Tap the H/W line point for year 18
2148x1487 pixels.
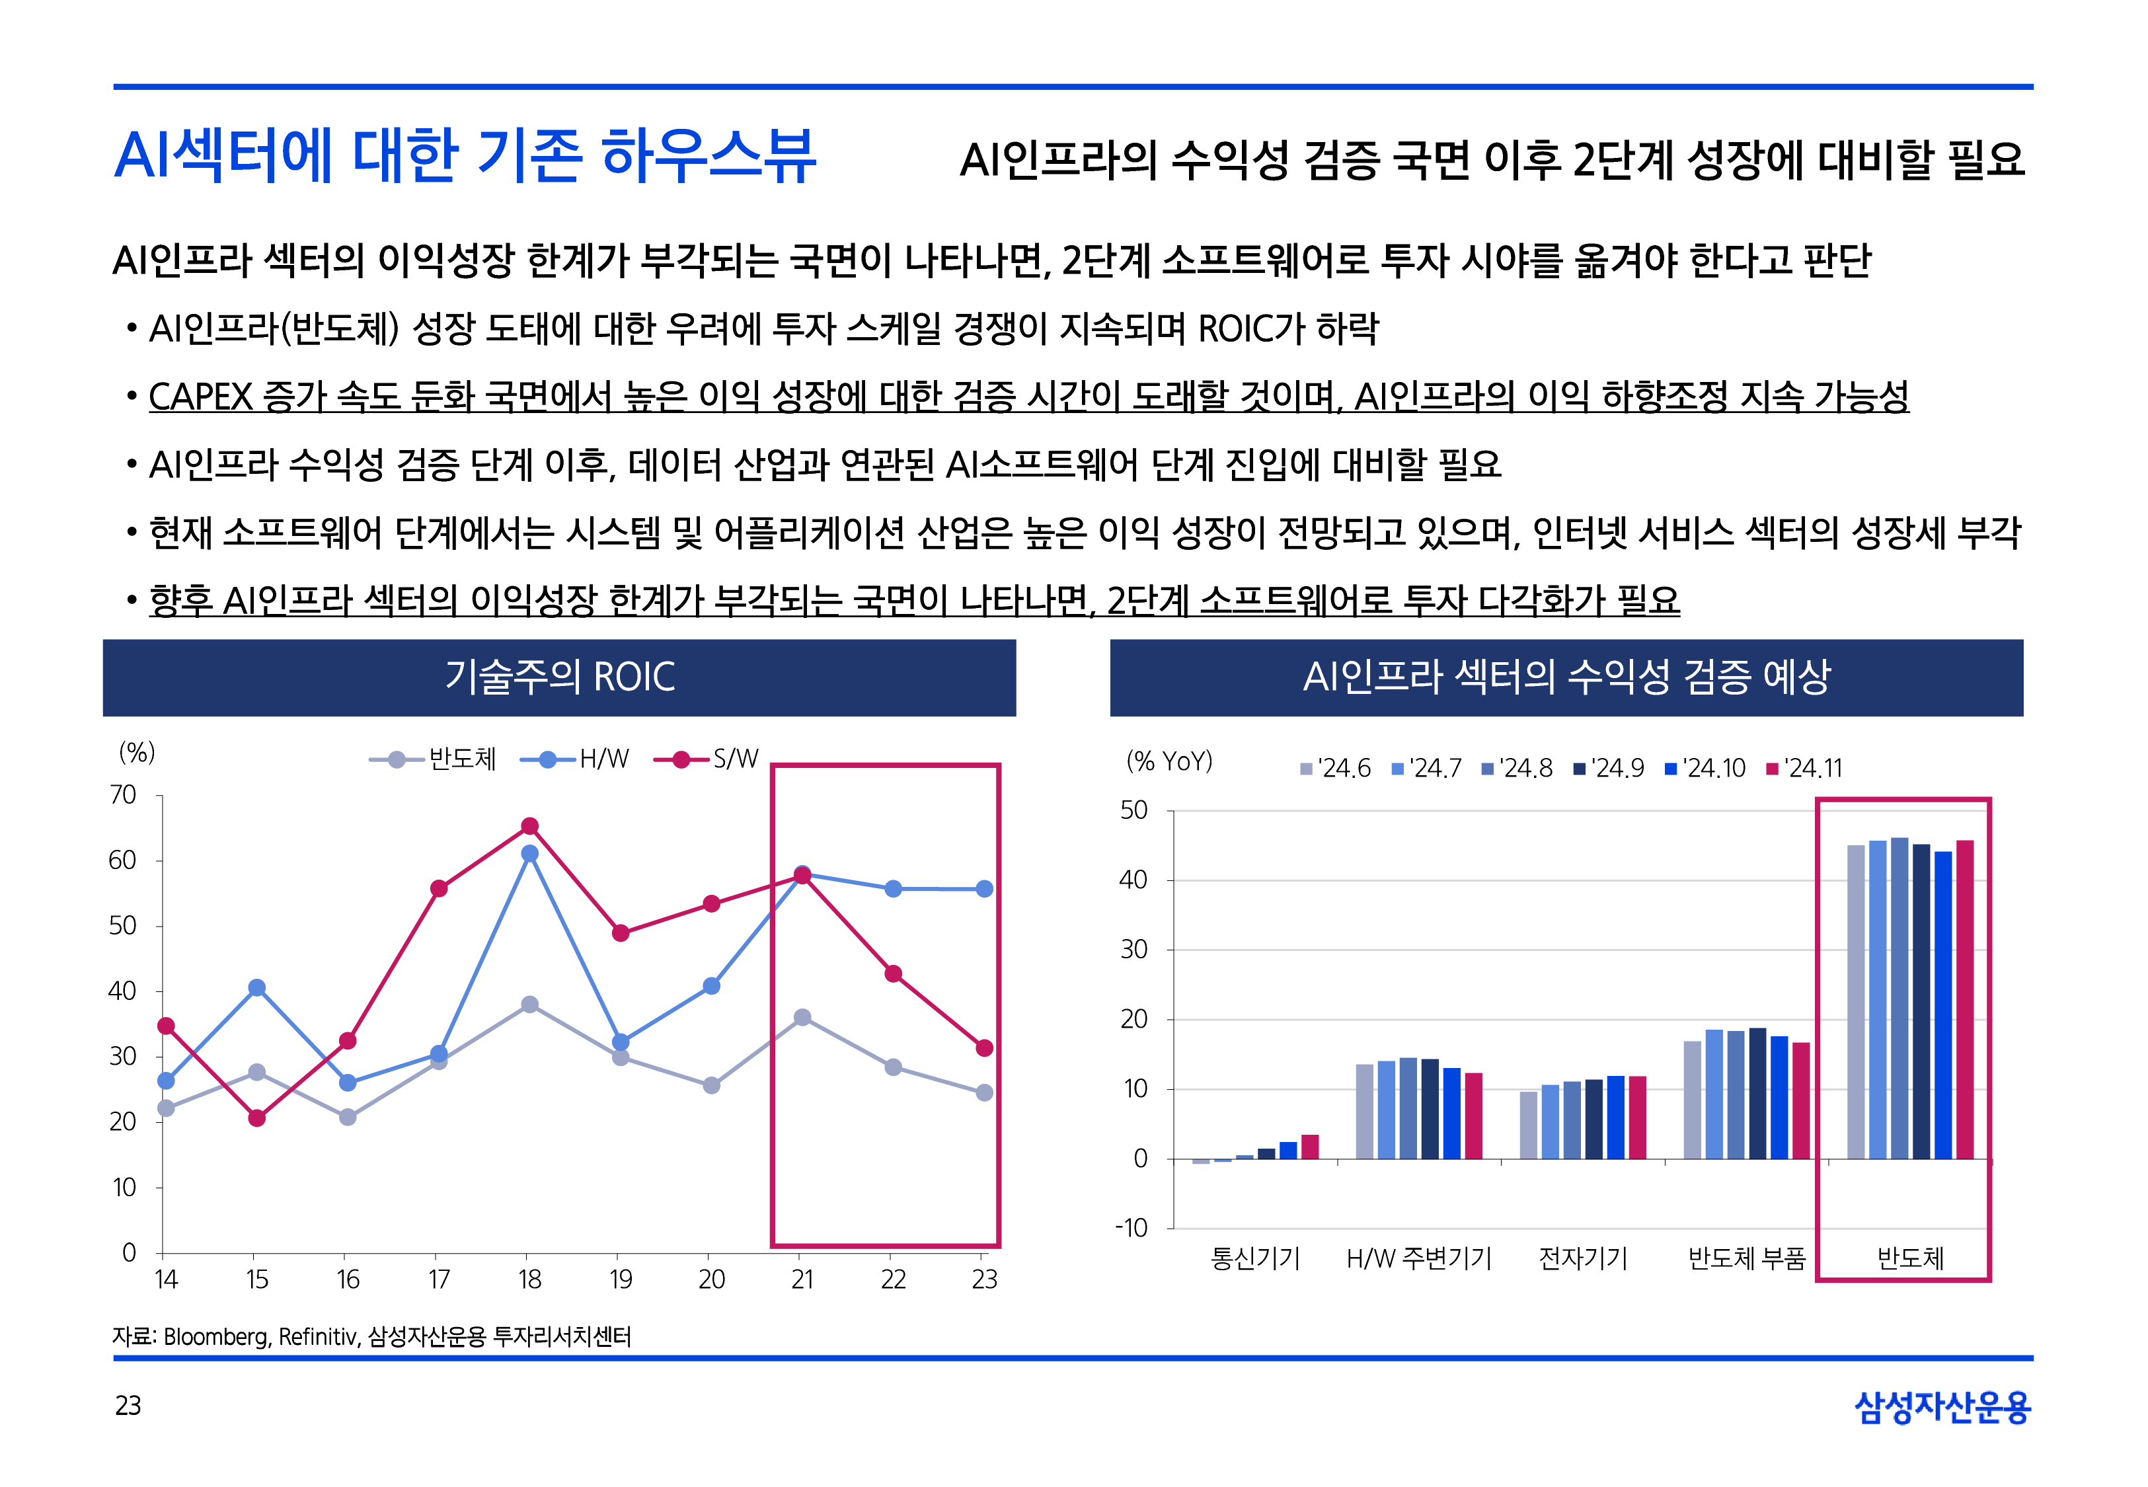529,853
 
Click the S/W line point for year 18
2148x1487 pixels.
529,826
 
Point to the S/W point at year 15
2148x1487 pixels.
257,1118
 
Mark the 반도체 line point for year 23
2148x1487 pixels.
983,1093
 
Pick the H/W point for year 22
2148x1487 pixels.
892,889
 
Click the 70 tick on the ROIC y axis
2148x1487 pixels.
123,796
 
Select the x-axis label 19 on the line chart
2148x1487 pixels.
621,1280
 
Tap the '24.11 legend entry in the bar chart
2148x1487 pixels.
1804,769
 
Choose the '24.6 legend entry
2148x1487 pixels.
1336,769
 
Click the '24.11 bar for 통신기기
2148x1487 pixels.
1310,1147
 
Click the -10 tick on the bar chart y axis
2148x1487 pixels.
1132,1228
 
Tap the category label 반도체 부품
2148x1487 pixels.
1747,1259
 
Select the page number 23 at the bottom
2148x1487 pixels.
128,1406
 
